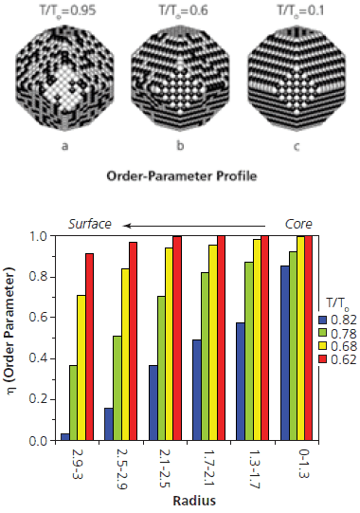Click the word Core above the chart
click(x=299, y=224)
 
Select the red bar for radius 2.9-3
click(x=90, y=347)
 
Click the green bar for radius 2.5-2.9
click(x=117, y=388)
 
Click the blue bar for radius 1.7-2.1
click(x=197, y=390)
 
